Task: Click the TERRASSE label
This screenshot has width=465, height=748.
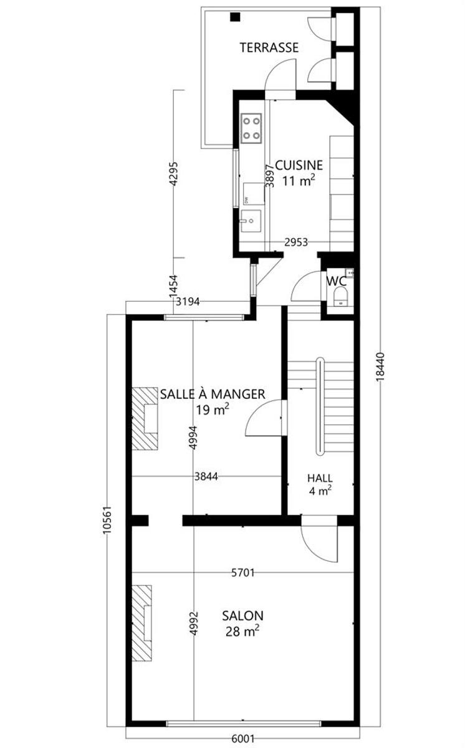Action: coord(269,48)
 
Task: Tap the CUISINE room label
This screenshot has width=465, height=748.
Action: coord(299,165)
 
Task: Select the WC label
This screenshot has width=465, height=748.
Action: coord(337,281)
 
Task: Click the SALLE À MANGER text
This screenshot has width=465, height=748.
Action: coord(213,394)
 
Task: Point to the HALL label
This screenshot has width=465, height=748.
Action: coord(320,478)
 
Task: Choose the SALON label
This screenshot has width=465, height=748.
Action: coord(242,615)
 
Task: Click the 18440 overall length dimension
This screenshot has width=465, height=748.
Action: coord(380,367)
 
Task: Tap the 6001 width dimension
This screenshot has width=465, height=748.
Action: coord(243,738)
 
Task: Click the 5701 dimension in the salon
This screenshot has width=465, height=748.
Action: coord(243,573)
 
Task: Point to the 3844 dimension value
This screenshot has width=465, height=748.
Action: coord(206,476)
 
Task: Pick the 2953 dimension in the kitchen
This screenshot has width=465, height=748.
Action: coord(296,242)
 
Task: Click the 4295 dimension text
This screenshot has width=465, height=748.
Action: coord(173,174)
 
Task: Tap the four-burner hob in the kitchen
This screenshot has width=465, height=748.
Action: coord(251,128)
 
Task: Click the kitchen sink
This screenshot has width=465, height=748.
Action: coord(251,221)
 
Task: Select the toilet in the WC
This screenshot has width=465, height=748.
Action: coord(341,297)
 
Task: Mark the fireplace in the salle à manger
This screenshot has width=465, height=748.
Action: coord(145,419)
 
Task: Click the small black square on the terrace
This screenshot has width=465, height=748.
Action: coord(236,17)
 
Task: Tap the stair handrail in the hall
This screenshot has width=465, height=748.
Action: coord(321,406)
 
